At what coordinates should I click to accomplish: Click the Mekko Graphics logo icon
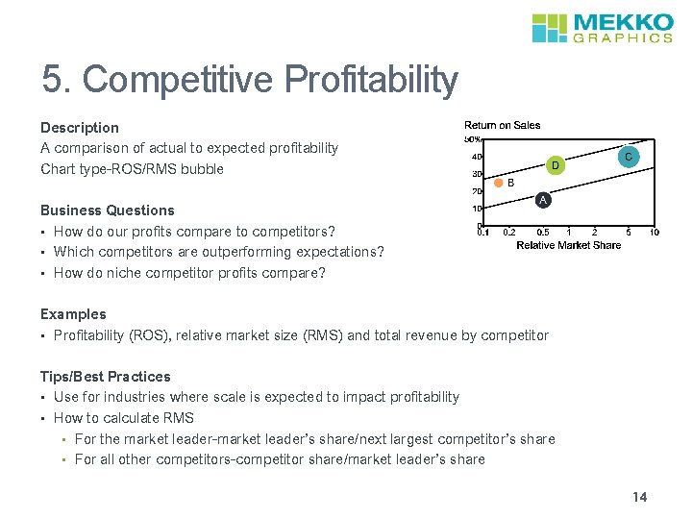point(551,28)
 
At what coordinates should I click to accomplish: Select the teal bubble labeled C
point(627,157)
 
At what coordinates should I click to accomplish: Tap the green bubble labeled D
point(555,166)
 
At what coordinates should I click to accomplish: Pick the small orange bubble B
point(499,183)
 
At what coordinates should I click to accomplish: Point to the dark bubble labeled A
point(543,200)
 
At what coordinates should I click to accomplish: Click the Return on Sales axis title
point(502,125)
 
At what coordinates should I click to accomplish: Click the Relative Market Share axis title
point(568,245)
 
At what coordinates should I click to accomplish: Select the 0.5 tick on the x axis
point(543,232)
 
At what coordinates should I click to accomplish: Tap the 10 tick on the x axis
point(654,232)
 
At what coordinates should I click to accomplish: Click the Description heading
point(80,127)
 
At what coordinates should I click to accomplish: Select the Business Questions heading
point(107,210)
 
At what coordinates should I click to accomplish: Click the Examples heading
point(73,313)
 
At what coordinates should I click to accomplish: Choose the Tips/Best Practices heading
point(105,376)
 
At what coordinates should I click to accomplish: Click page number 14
point(640,497)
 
